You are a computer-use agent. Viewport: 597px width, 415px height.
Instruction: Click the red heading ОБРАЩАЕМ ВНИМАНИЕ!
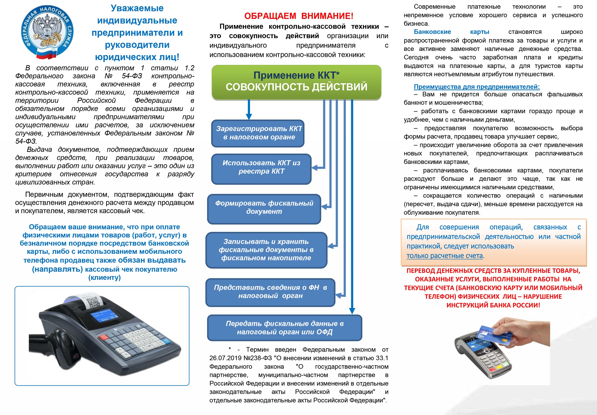(299, 16)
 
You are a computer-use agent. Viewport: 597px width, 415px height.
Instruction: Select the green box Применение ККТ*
(296, 81)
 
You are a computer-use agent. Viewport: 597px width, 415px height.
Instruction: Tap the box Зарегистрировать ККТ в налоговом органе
(258, 133)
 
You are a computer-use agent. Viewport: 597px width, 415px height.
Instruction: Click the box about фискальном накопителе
(266, 250)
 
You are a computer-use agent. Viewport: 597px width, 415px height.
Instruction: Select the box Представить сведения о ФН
(270, 292)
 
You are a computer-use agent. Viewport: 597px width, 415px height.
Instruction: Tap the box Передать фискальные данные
(284, 328)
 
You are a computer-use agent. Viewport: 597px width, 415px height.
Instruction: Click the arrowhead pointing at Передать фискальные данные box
(352, 311)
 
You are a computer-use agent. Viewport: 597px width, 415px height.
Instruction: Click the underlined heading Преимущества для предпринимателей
(477, 87)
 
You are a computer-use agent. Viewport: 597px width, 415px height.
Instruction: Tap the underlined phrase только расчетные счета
(444, 256)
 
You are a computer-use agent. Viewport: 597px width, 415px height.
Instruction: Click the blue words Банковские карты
(451, 32)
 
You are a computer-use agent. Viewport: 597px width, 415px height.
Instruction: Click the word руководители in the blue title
(137, 45)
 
